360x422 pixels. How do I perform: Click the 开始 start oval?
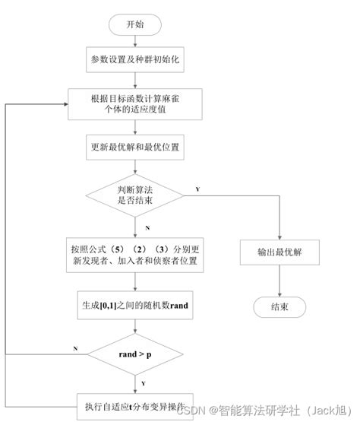[135, 24]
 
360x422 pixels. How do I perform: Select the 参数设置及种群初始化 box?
[135, 59]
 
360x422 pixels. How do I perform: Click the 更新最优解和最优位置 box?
[135, 146]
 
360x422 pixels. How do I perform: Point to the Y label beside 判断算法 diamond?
[197, 189]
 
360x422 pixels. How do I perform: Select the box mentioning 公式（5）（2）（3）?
[135, 255]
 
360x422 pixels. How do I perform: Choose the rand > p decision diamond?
[135, 354]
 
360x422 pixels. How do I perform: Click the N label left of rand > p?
[75, 347]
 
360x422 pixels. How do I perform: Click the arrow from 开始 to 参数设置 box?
[135, 41]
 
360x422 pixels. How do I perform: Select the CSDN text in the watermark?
[194, 411]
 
